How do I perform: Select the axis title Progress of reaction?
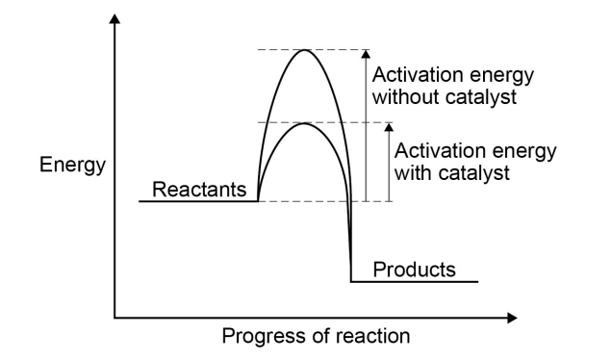click(x=316, y=337)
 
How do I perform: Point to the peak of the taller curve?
click(x=305, y=50)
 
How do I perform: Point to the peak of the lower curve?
click(x=304, y=123)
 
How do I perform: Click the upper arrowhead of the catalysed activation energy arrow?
click(x=389, y=127)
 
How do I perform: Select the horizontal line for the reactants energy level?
click(x=198, y=201)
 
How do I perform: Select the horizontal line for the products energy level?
click(x=414, y=282)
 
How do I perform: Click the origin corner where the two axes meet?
click(x=116, y=316)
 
